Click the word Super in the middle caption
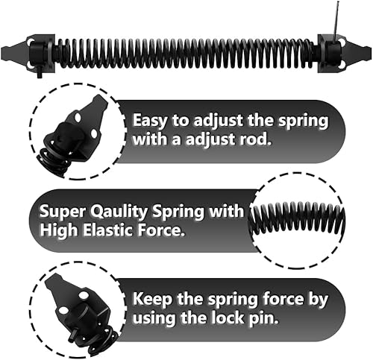(x=63, y=212)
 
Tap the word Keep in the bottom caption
(x=152, y=299)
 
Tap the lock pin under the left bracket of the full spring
(x=40, y=74)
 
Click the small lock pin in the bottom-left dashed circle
(x=73, y=336)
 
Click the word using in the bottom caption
(x=154, y=318)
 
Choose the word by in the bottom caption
(x=319, y=300)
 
